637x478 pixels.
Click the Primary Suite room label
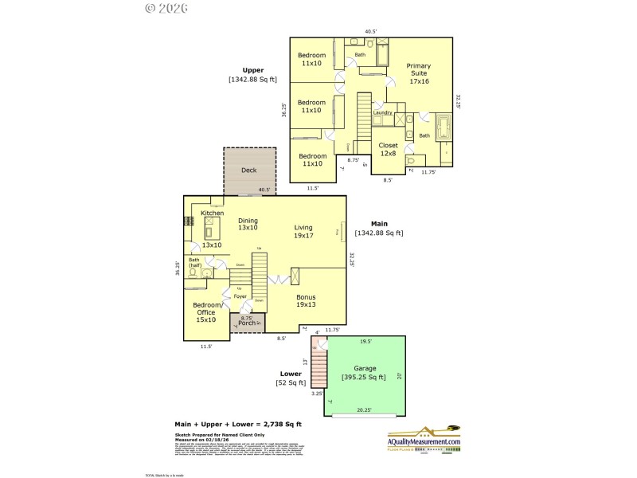418,73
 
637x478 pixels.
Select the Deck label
249,170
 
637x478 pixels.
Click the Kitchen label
212,214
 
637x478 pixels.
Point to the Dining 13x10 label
248,224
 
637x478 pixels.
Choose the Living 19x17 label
303,231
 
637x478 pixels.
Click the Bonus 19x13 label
307,300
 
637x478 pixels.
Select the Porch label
247,323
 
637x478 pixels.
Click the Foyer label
240,296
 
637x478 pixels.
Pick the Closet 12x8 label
389,149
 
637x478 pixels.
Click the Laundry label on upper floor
383,112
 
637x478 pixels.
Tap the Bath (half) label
194,263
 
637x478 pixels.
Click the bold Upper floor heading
252,70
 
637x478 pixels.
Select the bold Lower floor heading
291,373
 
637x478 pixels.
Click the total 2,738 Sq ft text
238,424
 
